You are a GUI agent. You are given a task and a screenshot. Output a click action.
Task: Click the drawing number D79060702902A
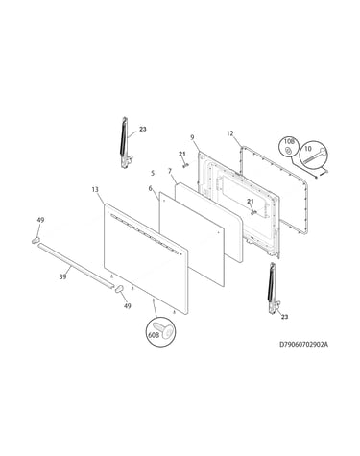tap(304, 345)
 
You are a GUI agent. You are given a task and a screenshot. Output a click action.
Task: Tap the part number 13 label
tap(95, 190)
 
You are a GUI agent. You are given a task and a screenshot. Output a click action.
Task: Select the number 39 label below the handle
tap(63, 276)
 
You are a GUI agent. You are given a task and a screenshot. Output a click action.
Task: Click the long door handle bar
tap(76, 265)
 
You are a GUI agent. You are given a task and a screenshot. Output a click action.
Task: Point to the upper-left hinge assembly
tap(126, 143)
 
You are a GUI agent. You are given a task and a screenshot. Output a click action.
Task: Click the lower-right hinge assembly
tap(274, 288)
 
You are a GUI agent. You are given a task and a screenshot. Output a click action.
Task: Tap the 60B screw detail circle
tap(161, 332)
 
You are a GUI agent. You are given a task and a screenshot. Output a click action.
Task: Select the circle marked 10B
tap(288, 148)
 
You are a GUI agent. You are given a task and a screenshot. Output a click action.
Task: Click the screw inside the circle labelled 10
tap(316, 156)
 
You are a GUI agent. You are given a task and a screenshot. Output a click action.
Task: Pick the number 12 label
tap(230, 133)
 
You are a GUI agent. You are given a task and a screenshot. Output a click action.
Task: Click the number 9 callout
tap(192, 137)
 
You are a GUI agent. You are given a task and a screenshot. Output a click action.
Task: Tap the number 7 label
tap(170, 172)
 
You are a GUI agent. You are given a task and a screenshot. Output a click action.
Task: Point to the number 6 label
tap(151, 188)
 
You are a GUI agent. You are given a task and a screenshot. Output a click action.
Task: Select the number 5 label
tap(153, 173)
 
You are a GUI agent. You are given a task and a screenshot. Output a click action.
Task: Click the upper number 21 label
tap(182, 154)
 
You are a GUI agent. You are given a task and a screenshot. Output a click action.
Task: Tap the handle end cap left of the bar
tap(36, 240)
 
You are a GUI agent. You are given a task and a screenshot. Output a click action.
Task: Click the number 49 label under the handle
tap(128, 306)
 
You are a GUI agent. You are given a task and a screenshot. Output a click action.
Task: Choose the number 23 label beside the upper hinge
tap(143, 129)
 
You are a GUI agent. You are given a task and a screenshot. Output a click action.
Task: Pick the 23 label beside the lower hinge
tap(285, 317)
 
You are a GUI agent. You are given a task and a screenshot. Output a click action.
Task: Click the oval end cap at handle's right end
tap(119, 288)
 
